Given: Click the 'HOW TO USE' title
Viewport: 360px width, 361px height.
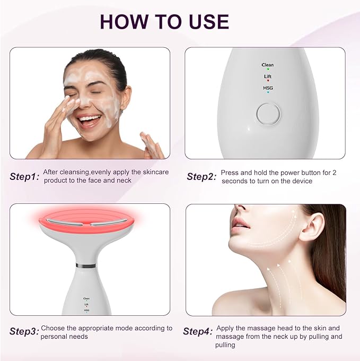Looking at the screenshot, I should point(164,21).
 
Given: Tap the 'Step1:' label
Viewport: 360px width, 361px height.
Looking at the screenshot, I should point(24,177).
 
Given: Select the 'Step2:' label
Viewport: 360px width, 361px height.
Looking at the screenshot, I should point(201,177).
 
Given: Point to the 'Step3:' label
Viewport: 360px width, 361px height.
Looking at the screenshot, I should point(24,332).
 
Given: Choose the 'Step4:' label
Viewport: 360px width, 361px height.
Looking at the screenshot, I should point(198,332).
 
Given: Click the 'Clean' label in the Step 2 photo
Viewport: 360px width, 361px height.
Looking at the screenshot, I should point(268,64).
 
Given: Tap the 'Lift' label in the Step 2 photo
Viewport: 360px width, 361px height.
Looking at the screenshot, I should point(268,76).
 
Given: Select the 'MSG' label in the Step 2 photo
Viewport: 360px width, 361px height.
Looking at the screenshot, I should point(268,88).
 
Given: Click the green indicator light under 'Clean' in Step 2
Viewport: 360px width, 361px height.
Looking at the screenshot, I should point(268,69).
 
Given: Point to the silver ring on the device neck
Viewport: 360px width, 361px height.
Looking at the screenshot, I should point(86,265).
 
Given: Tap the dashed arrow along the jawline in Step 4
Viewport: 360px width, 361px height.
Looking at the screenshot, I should point(265,242).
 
